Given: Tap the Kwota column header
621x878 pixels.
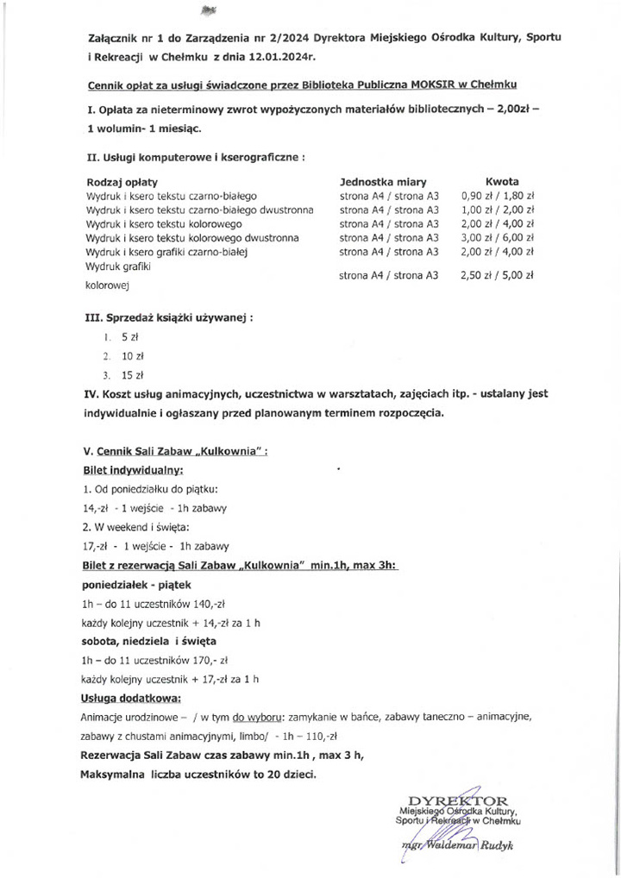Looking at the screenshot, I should pyautogui.click(x=502, y=183).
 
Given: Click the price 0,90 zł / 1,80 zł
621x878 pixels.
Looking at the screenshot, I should pyautogui.click(x=499, y=196).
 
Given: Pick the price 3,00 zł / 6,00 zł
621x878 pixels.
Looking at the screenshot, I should pyautogui.click(x=499, y=236).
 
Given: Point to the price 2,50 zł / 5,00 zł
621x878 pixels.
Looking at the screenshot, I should pyautogui.click(x=499, y=276).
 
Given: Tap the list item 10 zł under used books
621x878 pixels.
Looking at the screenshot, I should pyautogui.click(x=132, y=354).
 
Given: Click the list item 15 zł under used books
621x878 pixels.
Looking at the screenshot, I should pyautogui.click(x=132, y=375).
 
